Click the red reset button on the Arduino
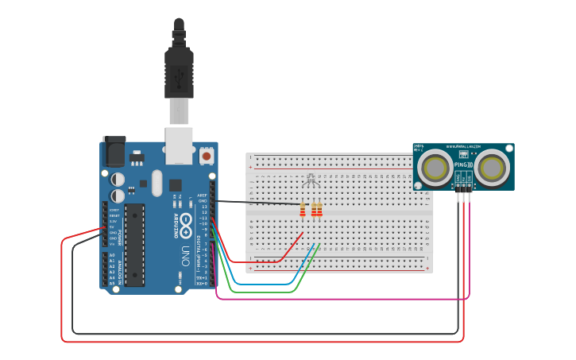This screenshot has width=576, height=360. [207, 154]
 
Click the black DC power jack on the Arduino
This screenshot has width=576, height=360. [114, 151]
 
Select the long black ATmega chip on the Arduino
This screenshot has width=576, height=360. [134, 244]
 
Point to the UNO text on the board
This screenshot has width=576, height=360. [184, 254]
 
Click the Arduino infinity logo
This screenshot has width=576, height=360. [184, 225]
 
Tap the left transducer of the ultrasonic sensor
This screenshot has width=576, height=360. [435, 168]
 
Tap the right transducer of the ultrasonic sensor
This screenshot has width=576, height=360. [492, 168]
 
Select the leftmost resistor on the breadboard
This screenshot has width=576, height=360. [302, 210]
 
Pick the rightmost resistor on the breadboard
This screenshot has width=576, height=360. [319, 210]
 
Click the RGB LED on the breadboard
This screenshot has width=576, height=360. [311, 180]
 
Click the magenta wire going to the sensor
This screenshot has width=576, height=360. [342, 300]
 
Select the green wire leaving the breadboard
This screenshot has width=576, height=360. [262, 292]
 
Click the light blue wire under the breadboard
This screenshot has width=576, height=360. [262, 284]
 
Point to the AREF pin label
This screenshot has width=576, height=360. [203, 195]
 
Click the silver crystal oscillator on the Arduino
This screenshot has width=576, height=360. [157, 182]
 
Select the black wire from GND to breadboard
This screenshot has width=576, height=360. [254, 203]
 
